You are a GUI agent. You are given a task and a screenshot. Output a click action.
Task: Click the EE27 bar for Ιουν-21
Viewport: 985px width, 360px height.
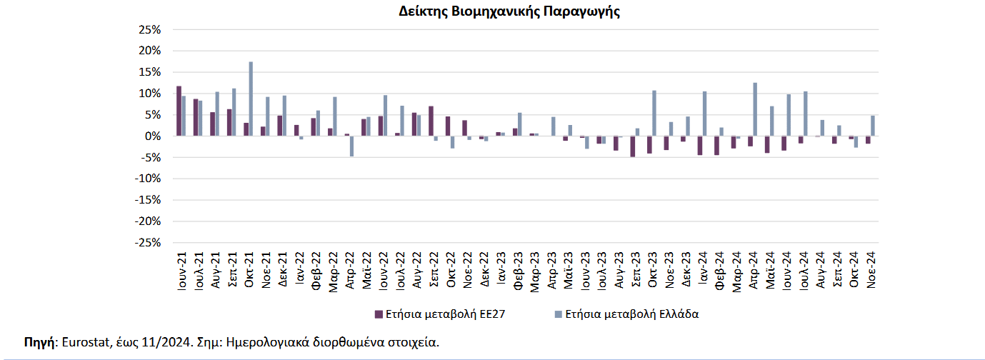(179, 111)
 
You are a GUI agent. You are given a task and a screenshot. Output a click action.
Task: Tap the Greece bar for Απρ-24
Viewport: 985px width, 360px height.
(754, 109)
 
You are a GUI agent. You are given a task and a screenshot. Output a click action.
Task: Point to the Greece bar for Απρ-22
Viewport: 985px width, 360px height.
(351, 146)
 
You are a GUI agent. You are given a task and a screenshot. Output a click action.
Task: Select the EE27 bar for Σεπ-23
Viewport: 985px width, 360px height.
(632, 146)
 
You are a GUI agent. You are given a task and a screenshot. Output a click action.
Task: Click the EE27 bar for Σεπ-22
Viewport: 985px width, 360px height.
(431, 121)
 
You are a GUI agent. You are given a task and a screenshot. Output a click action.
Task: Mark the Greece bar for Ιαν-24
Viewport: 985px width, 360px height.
(704, 114)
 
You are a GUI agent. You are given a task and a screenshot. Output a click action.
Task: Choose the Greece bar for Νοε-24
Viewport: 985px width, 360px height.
(873, 126)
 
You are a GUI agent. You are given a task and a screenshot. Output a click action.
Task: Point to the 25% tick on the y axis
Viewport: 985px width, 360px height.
(151, 29)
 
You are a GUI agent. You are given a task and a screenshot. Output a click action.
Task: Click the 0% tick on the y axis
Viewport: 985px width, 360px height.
(154, 136)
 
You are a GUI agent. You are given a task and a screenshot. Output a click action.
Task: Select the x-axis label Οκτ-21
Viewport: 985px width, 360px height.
(249, 269)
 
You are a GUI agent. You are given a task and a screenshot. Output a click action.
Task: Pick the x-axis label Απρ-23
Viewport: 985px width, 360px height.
(551, 269)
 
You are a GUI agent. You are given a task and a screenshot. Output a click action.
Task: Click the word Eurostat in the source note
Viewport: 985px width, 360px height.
(84, 342)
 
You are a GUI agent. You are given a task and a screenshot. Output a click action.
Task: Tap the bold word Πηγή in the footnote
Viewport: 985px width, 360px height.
(39, 342)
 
